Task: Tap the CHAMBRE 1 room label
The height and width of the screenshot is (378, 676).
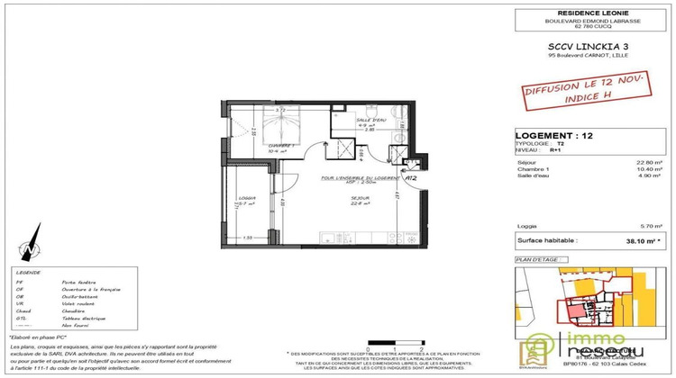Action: pos(240,148)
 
